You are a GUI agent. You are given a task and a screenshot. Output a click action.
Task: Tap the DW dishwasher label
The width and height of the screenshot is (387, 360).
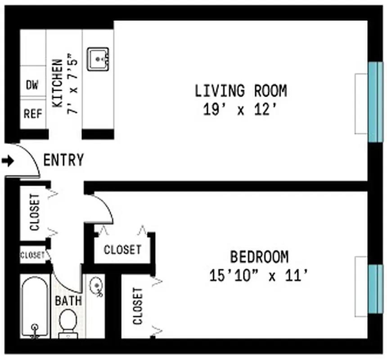(x=32, y=85)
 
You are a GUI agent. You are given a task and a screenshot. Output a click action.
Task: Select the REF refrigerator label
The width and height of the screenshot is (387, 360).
(x=32, y=114)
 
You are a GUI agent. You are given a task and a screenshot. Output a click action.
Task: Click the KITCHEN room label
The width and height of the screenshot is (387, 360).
(x=57, y=83)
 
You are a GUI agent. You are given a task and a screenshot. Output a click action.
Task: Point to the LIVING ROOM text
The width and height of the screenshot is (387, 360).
(x=240, y=90)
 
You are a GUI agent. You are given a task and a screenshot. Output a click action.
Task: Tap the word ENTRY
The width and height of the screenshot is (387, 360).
(x=63, y=160)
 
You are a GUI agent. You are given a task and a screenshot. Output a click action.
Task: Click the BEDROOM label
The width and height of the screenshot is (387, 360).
(x=259, y=257)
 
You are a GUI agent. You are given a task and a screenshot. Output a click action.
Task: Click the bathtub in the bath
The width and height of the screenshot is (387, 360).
(x=35, y=308)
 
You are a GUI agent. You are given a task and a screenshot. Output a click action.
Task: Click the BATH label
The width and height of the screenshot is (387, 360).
(x=68, y=300)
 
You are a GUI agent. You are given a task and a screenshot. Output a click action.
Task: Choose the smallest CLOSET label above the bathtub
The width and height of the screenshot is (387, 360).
(x=32, y=255)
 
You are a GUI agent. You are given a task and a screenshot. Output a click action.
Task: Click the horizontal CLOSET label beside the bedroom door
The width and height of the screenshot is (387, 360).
(x=122, y=249)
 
